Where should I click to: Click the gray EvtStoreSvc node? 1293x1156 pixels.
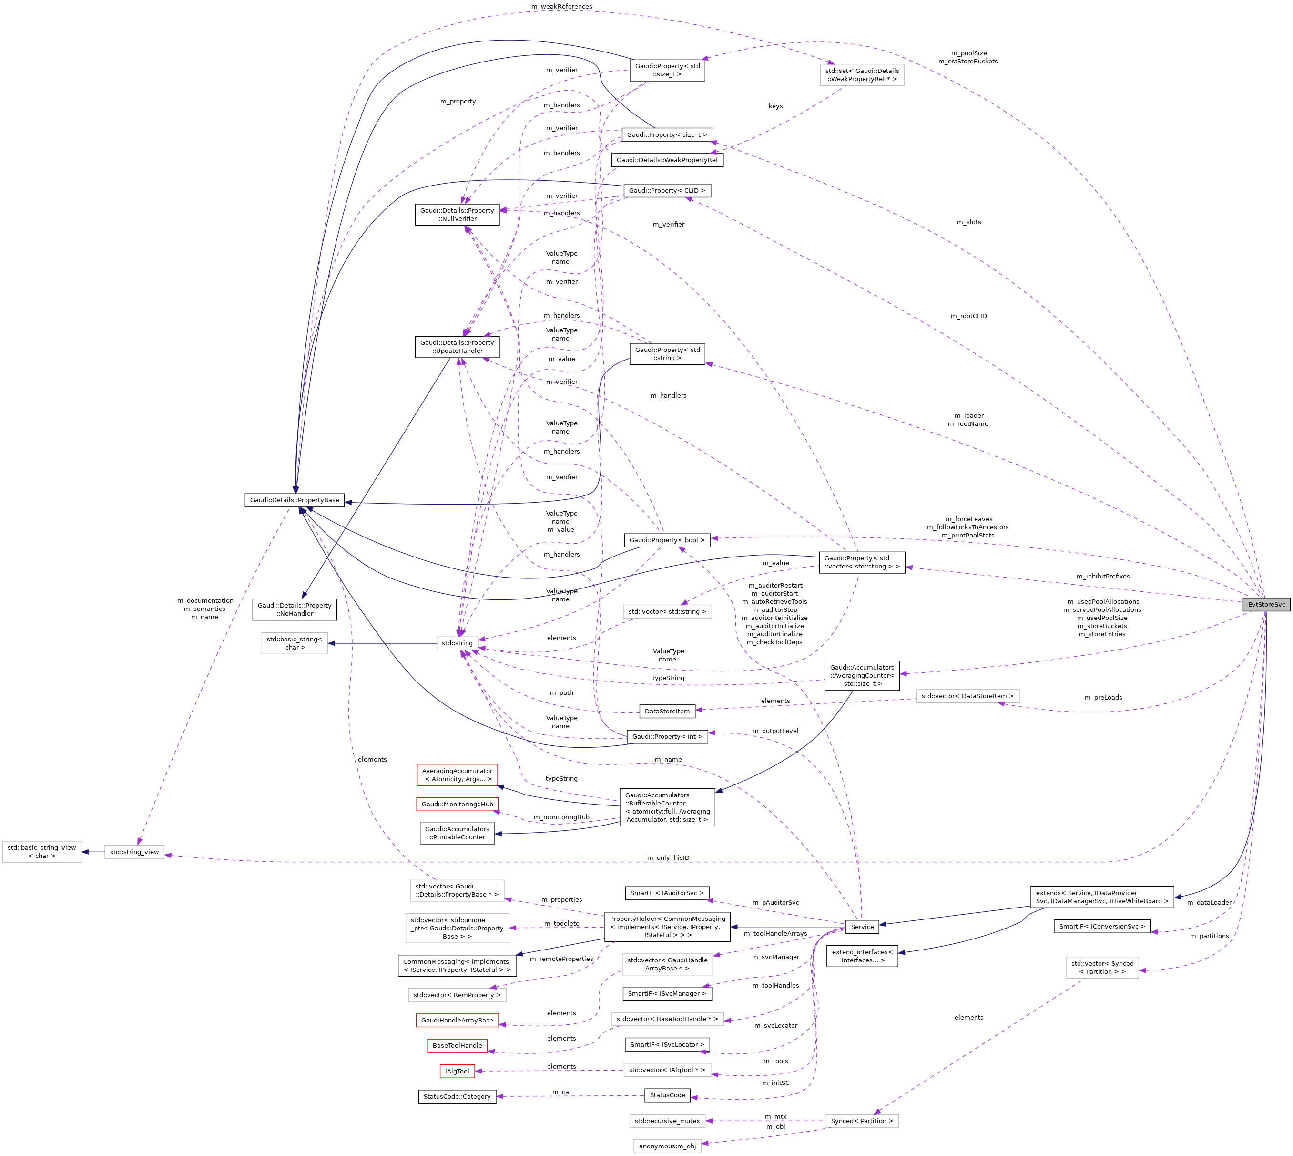click(x=1266, y=604)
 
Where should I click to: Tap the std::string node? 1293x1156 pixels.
click(x=457, y=643)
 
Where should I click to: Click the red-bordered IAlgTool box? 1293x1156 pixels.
click(x=457, y=1071)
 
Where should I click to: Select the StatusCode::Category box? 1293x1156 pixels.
click(x=457, y=1096)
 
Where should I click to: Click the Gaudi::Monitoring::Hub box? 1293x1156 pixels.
click(x=457, y=804)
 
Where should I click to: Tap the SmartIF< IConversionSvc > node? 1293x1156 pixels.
click(x=1102, y=926)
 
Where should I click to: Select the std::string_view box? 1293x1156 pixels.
click(x=134, y=852)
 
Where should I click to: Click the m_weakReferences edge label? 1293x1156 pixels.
click(x=562, y=6)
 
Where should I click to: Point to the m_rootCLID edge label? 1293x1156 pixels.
click(x=968, y=316)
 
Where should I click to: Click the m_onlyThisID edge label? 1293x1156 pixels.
click(x=668, y=857)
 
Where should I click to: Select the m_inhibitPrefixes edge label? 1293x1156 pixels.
click(x=1102, y=576)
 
